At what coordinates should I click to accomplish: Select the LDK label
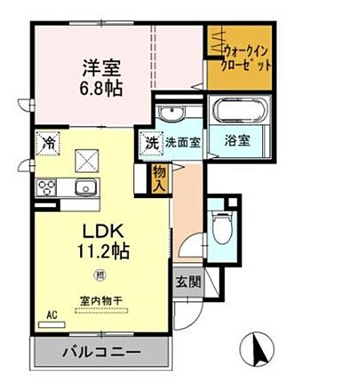coord(101,230)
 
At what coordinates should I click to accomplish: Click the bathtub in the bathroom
coord(237,111)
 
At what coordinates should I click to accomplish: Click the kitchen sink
coord(83,188)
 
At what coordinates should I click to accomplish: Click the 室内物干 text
coord(102,301)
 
